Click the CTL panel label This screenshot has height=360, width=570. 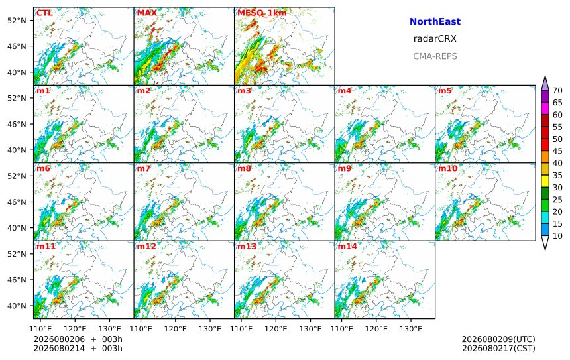pyautogui.click(x=44, y=13)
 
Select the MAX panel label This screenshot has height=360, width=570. pyautogui.click(x=147, y=13)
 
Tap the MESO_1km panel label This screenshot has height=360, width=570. pyautogui.click(x=262, y=13)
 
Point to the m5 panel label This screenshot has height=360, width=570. pyautogui.click(x=445, y=91)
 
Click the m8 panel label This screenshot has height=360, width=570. pyautogui.click(x=244, y=168)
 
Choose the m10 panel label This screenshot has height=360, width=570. pyautogui.click(x=447, y=168)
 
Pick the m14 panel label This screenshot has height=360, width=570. pyautogui.click(x=347, y=247)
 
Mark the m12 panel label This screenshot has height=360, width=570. pyautogui.click(x=146, y=247)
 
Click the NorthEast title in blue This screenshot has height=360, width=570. pyautogui.click(x=435, y=21)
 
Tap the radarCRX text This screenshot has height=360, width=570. pyautogui.click(x=435, y=39)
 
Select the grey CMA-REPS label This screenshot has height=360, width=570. pyautogui.click(x=435, y=56)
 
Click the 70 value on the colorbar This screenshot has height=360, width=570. pyautogui.click(x=557, y=91)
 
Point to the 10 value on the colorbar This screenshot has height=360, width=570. pyautogui.click(x=557, y=236)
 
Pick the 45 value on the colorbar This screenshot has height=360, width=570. pyautogui.click(x=557, y=151)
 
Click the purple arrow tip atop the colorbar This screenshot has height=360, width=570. pyautogui.click(x=545, y=76)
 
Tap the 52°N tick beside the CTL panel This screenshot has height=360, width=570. pyautogui.click(x=17, y=21)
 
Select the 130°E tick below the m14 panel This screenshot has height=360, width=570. pyautogui.click(x=411, y=330)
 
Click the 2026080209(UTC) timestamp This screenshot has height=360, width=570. pyautogui.click(x=498, y=339)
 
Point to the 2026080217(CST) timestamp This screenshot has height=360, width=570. pyautogui.click(x=498, y=348)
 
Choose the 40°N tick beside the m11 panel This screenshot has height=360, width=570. pyautogui.click(x=17, y=306)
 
